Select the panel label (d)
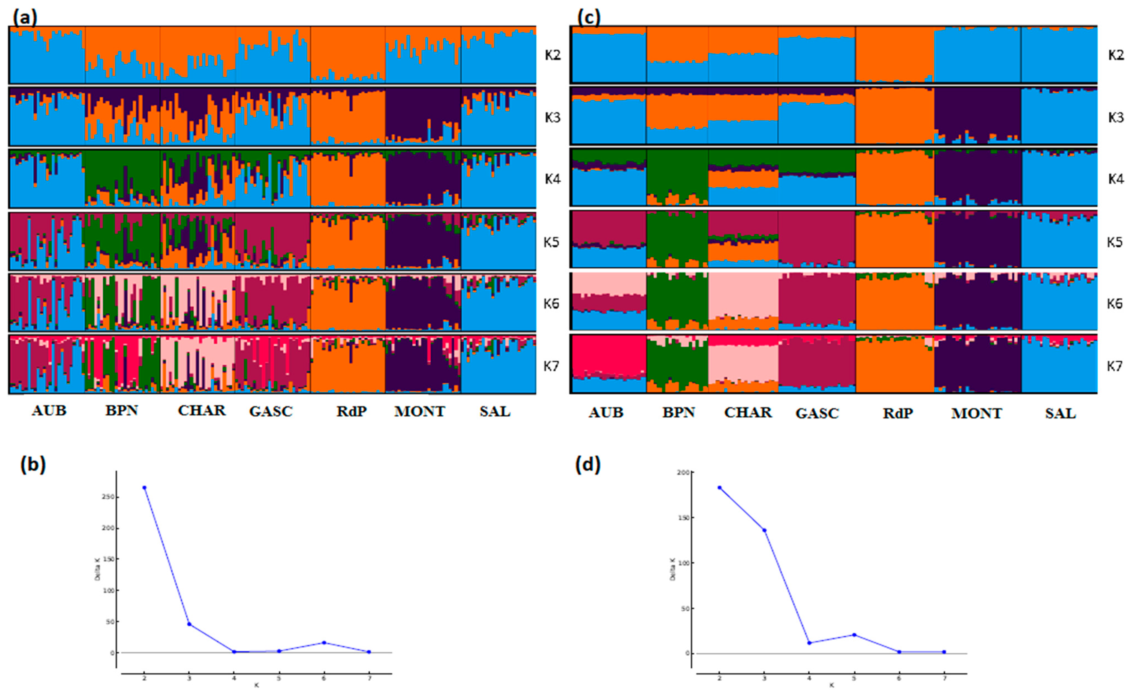tap(588, 466)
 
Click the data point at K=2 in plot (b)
tap(144, 488)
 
